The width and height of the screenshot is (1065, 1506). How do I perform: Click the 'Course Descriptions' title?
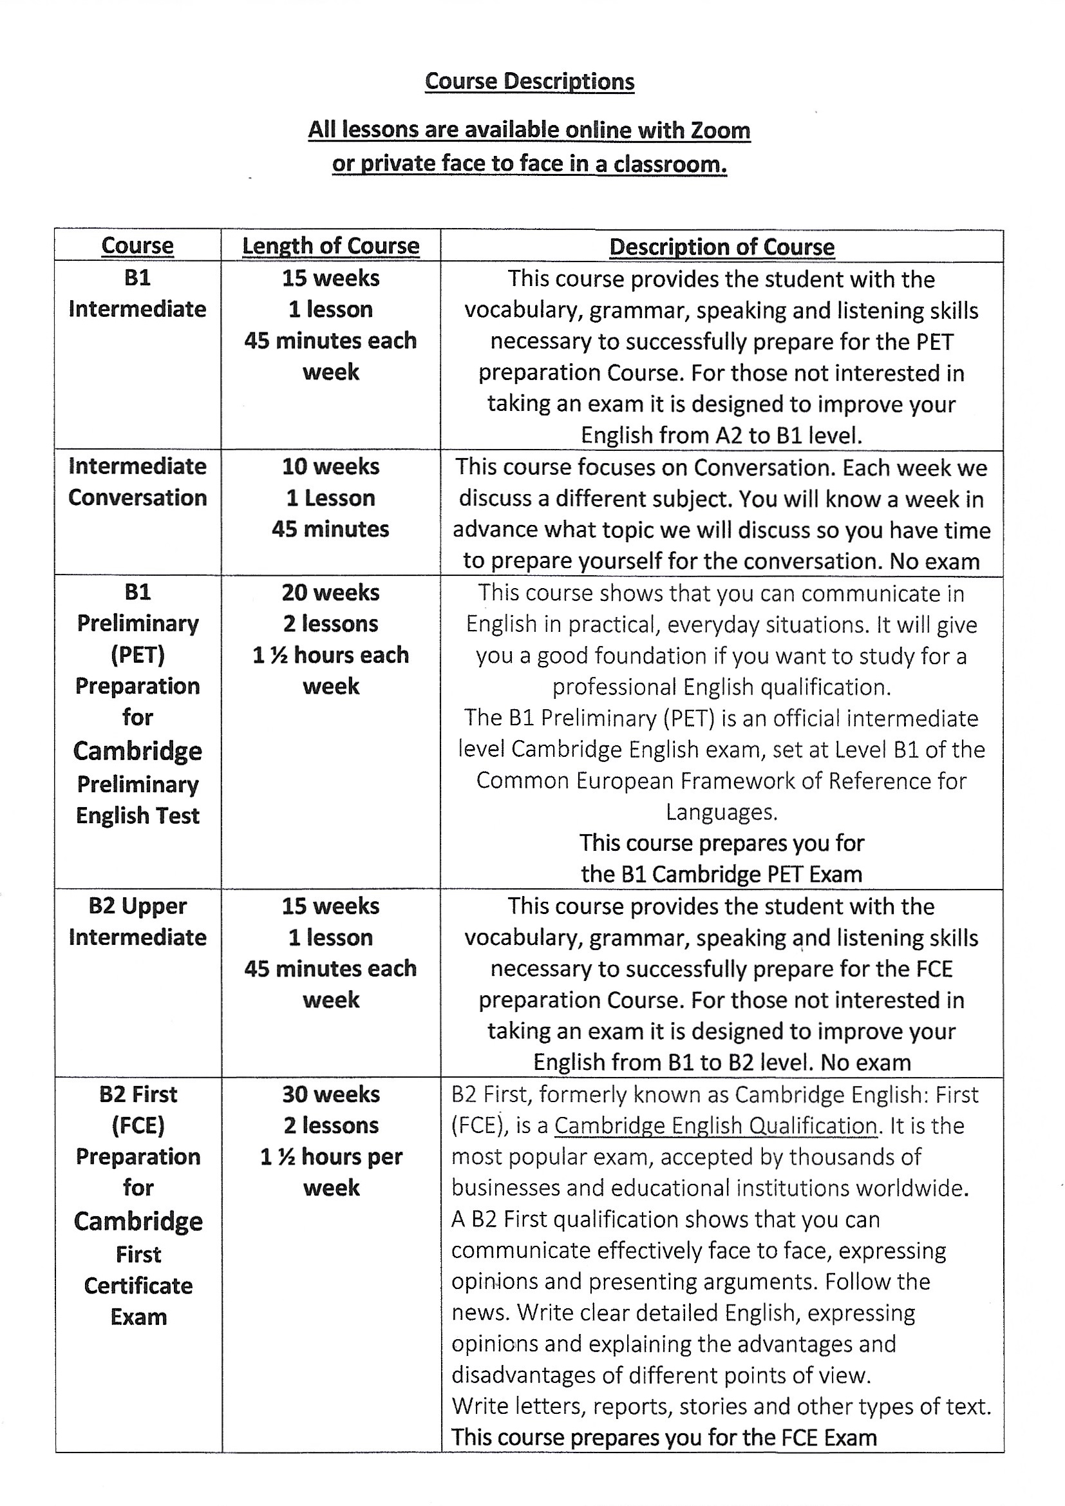pos(529,81)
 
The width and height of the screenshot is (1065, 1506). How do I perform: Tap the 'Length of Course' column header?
pos(330,245)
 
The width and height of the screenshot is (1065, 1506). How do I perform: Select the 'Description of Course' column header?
pos(721,247)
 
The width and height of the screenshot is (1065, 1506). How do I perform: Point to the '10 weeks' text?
pos(330,466)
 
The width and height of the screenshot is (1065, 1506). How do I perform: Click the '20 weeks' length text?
pos(330,593)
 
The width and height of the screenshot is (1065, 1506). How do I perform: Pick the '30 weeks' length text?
pos(330,1094)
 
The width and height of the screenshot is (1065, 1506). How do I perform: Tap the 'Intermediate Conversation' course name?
pos(138,482)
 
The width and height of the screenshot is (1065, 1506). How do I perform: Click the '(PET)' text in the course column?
pos(138,654)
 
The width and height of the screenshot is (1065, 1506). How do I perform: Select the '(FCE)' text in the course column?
pos(138,1125)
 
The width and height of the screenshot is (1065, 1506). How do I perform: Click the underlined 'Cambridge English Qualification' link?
pos(715,1125)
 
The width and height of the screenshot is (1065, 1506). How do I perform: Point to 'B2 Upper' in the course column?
pos(138,906)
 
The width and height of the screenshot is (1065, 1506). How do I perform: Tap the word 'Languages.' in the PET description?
pos(721,812)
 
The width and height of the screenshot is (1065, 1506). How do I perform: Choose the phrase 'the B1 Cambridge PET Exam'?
pos(721,874)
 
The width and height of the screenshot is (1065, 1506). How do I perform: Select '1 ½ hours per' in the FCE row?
pos(330,1156)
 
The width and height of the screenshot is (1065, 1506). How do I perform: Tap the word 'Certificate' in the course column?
pos(138,1286)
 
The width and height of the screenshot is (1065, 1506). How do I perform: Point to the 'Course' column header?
pos(138,245)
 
